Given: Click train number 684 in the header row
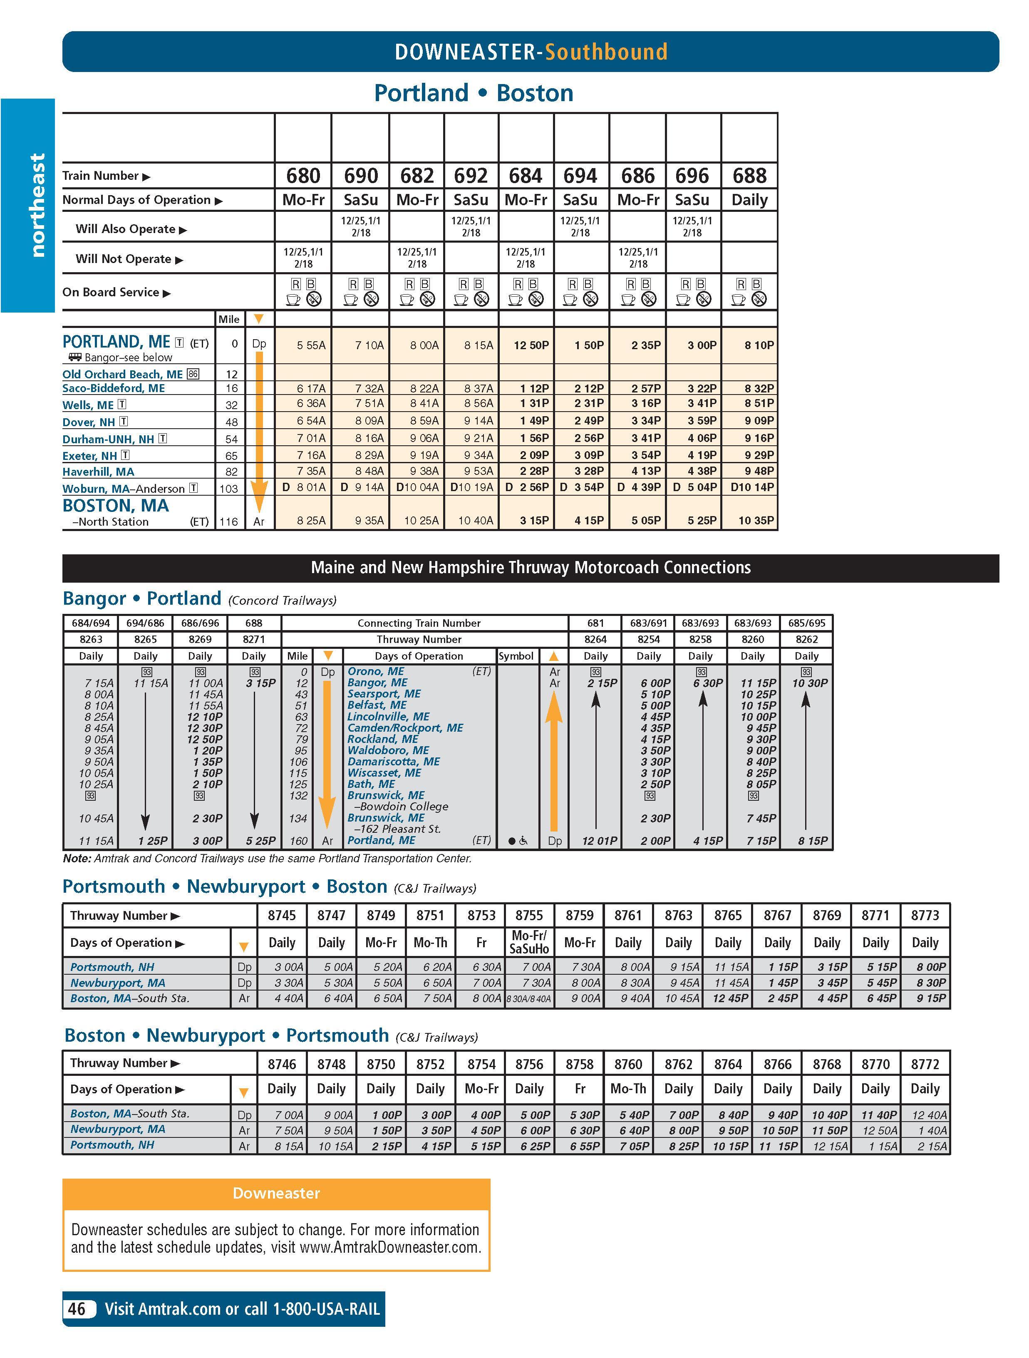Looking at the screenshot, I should click(526, 176).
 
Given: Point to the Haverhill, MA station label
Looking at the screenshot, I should click(98, 472).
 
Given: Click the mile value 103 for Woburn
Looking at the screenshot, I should click(228, 489).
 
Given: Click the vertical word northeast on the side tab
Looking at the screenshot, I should click(37, 205).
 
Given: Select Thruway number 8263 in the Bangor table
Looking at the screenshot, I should click(91, 639).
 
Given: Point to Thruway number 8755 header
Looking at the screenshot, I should click(529, 915).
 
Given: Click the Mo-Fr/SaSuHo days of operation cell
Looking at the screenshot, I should click(529, 942).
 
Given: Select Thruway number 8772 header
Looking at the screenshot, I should click(925, 1064).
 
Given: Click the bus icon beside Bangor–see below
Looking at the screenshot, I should click(75, 357).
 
